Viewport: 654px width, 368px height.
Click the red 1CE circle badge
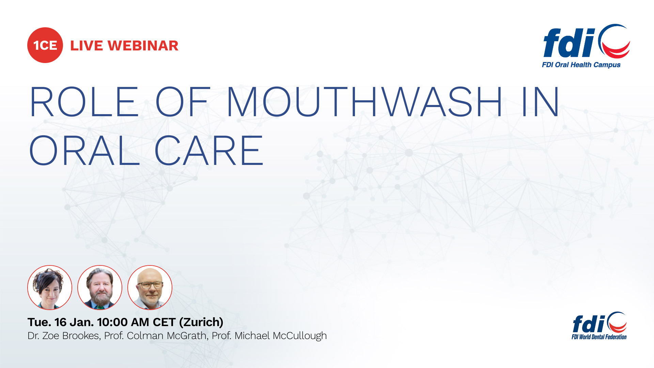point(45,45)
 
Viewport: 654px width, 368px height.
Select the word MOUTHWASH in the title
point(364,102)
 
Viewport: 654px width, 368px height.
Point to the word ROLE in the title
point(84,102)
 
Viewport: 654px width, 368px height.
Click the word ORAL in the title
point(84,150)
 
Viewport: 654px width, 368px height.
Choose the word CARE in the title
point(209,150)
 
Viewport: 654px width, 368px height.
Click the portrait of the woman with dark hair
point(50,288)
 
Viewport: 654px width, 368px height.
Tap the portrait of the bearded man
point(100,288)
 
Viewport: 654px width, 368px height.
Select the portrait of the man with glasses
point(150,288)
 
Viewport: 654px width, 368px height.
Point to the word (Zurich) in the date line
point(201,322)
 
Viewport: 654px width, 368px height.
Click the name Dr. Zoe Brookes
point(64,336)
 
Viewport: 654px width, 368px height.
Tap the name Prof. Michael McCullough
point(269,336)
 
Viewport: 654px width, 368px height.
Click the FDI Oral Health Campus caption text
point(581,65)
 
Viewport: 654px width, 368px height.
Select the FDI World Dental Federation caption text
point(599,337)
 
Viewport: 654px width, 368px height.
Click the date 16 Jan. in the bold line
point(74,322)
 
